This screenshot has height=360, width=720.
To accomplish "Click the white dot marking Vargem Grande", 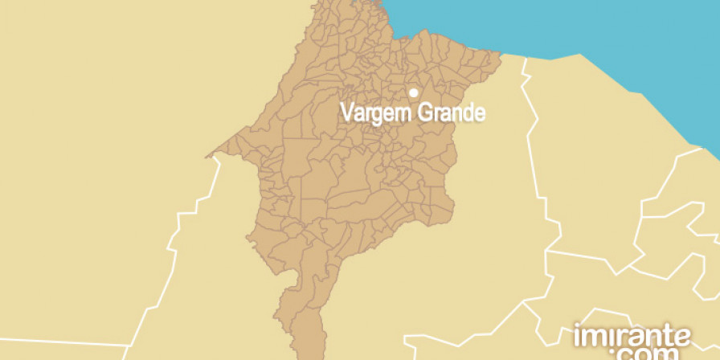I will (x=414, y=92).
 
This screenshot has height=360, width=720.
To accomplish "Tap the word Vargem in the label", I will (x=374, y=113).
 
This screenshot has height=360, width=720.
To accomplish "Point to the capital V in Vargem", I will (x=347, y=112).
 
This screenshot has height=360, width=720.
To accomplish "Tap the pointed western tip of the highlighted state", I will (x=209, y=155).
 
